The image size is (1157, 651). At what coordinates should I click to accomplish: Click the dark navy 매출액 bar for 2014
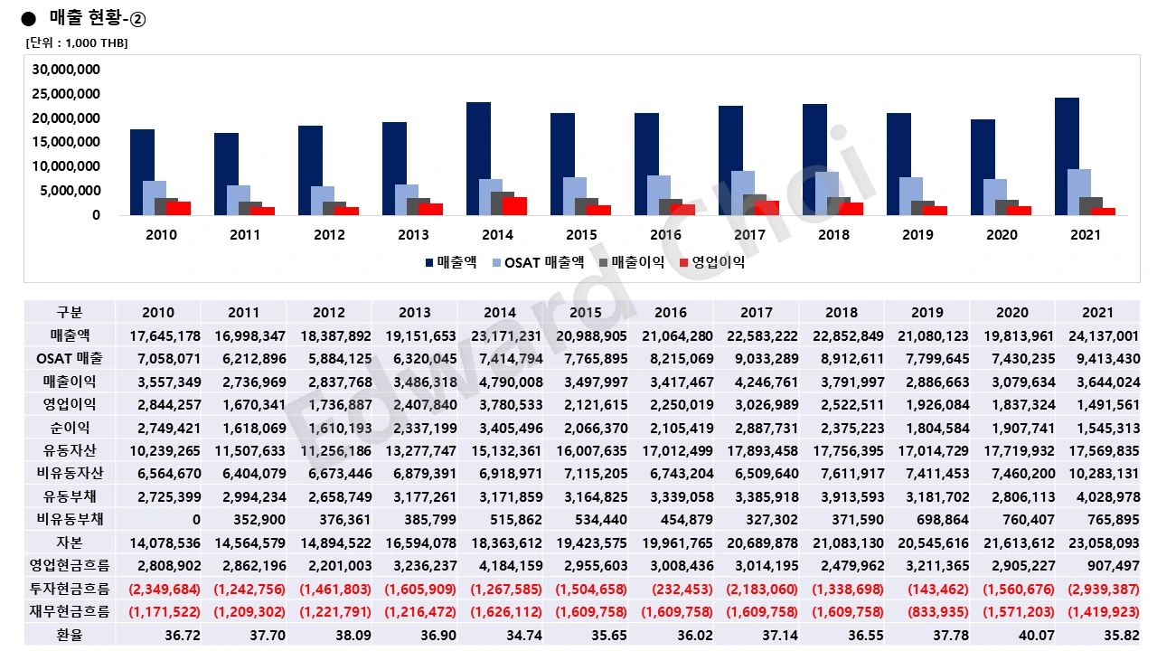(x=478, y=158)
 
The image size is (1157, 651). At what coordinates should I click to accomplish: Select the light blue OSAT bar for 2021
(x=1078, y=192)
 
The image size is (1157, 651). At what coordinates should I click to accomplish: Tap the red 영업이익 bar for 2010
(x=178, y=208)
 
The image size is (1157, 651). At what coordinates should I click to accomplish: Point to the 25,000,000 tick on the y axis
(x=66, y=94)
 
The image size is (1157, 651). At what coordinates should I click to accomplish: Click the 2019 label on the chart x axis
(x=917, y=235)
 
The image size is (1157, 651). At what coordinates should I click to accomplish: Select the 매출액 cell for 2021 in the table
(x=1096, y=336)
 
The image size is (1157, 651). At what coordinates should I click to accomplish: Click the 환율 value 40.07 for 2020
(x=1011, y=635)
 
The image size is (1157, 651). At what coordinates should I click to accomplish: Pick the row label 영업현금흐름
(x=70, y=566)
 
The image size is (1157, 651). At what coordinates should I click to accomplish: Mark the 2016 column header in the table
(x=670, y=313)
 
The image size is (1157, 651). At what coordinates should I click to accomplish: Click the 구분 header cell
(x=70, y=313)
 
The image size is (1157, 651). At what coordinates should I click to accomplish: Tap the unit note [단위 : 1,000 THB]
(x=77, y=43)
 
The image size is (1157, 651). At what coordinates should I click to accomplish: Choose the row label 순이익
(x=70, y=428)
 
